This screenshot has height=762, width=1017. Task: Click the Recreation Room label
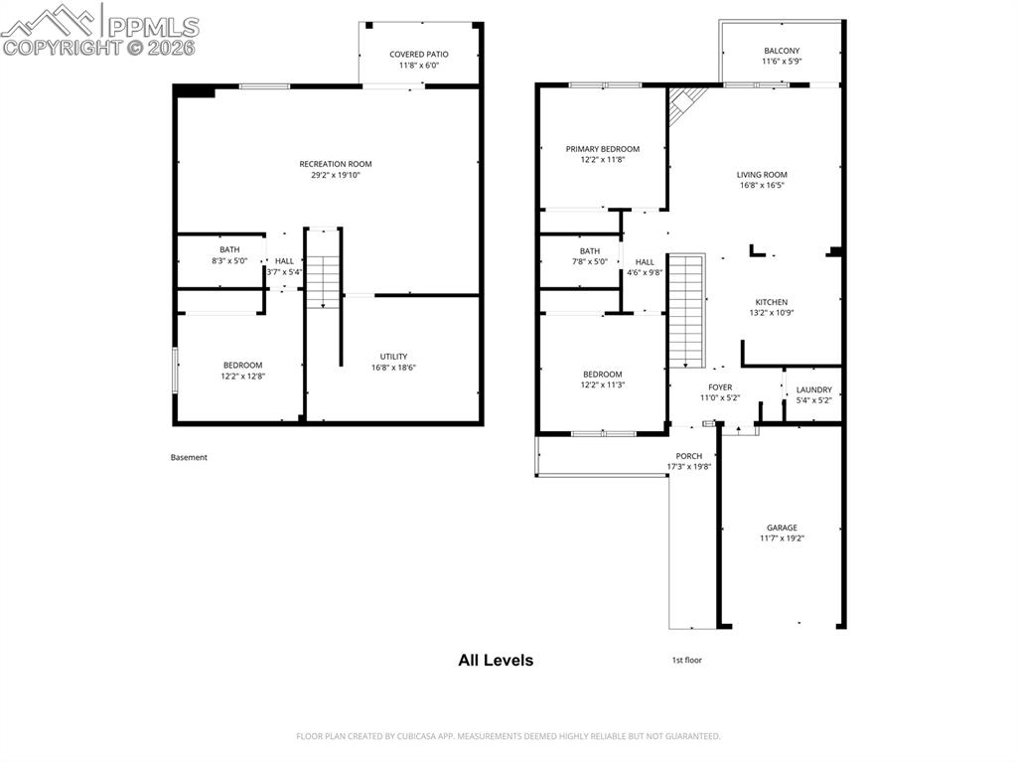336,164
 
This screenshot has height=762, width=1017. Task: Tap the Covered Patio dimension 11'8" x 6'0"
419,66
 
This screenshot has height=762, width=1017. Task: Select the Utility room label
393,357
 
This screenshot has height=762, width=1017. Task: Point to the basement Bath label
229,249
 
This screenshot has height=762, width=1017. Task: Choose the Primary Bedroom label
603,149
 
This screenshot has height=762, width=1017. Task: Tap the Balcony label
782,51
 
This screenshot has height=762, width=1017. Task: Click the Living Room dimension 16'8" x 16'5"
762,186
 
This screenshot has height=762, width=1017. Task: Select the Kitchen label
772,302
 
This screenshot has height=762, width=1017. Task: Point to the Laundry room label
813,389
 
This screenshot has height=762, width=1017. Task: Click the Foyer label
720,387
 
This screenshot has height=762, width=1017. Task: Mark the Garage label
782,528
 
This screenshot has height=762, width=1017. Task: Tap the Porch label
689,456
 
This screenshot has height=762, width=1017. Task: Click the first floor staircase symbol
685,309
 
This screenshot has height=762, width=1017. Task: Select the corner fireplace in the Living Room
684,102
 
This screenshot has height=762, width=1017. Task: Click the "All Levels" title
496,660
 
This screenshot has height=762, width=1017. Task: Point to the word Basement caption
189,458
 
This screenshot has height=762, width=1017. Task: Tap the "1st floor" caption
687,660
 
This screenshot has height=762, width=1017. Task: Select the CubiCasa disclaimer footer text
508,736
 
